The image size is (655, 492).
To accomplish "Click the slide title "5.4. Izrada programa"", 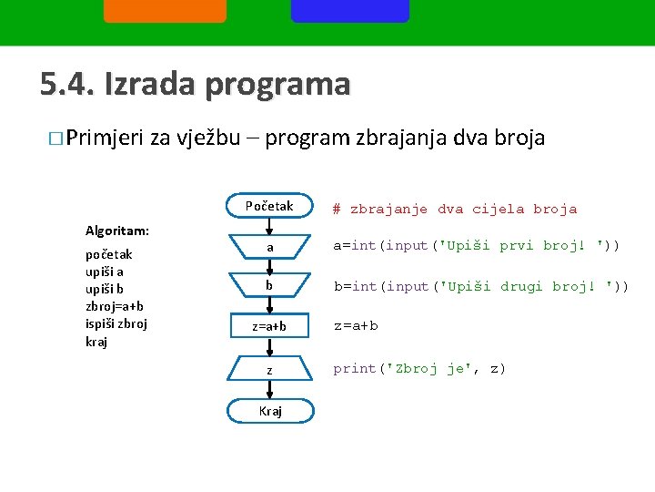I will coord(195,84).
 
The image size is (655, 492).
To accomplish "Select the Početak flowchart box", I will coord(269,206).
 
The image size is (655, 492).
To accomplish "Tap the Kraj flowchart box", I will coord(269,411).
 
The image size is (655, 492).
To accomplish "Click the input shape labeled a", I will coord(269,247).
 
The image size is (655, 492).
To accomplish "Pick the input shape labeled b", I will coord(269,286).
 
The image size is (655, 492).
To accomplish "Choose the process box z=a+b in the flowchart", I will coord(269,326).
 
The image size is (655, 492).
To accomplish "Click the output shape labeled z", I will coord(269,369).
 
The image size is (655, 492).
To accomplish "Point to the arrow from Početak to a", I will coord(269,225).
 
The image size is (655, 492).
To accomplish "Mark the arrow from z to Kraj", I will coord(269,390).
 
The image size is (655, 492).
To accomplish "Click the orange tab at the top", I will coord(165,11).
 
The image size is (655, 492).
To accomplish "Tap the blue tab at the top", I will coord(349,11).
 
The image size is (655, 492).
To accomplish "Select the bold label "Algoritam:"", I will coord(117,231).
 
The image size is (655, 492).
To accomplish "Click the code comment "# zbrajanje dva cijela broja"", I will coord(455,209).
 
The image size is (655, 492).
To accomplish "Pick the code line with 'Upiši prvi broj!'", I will coord(476,245).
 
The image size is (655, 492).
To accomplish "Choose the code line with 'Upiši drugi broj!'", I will coord(480,286).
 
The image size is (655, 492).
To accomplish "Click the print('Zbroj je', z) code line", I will coord(419,368).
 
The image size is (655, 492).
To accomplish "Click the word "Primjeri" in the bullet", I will coord(105,138).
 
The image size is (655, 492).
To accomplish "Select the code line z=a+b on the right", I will coord(356,325).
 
